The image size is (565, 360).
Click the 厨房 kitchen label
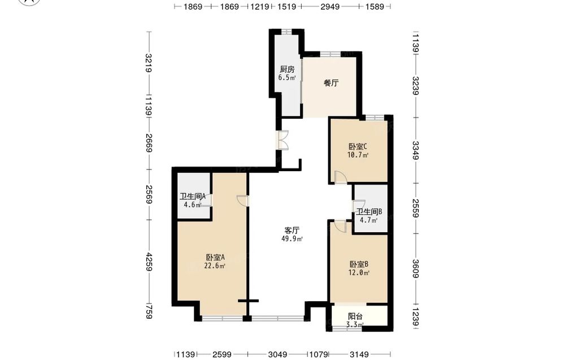pos(287,69)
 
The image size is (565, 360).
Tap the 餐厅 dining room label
pos(331,83)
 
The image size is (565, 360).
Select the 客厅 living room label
pos(292,230)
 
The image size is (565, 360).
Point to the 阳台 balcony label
pos(355,316)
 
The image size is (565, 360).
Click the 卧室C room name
pos(358,147)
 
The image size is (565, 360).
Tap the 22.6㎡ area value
pos(215,266)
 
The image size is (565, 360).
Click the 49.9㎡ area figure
pos(292,238)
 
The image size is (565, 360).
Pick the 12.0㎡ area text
pos(359,273)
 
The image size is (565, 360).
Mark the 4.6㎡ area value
pos(193,205)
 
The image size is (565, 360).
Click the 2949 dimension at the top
pos(330,6)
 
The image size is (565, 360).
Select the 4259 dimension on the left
pos(149,262)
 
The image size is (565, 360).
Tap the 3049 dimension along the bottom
pos(278,354)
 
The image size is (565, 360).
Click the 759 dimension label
pos(149,312)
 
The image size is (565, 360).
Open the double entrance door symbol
pos(283,140)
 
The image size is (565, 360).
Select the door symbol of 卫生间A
pos(207,200)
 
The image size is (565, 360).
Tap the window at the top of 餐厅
pos(330,54)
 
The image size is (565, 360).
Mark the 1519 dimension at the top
pos(287,6)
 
